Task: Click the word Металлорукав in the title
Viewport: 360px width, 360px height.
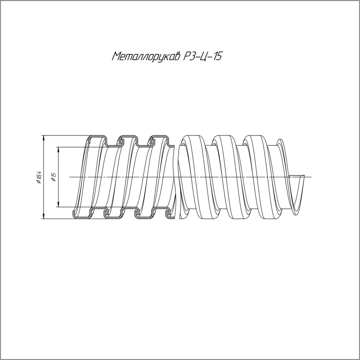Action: coord(147,57)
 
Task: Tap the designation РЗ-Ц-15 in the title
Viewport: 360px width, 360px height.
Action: coord(203,57)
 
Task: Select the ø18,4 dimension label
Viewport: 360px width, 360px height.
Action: coord(39,177)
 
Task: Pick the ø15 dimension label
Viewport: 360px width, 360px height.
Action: coord(54,177)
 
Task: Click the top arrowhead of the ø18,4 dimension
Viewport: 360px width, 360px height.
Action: coord(43,137)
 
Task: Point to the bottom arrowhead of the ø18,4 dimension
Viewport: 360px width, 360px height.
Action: coord(43,216)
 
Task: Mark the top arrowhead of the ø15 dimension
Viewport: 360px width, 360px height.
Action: coord(58,149)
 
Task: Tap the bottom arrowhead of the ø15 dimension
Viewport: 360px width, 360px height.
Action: coord(58,205)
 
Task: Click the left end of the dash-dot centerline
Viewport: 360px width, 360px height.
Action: coord(69,177)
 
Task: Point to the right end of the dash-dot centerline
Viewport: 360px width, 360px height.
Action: coord(311,177)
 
